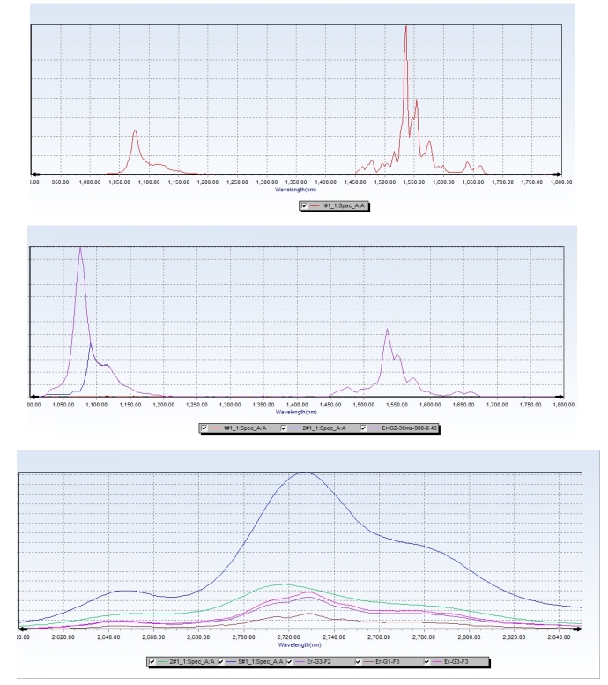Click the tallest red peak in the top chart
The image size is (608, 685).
coord(405,26)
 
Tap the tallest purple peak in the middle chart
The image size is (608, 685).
coord(80,248)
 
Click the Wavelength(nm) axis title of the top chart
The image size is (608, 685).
coord(295,189)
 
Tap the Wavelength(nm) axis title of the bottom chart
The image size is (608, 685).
coord(298,644)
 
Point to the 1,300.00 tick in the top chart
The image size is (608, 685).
coord(265,182)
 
